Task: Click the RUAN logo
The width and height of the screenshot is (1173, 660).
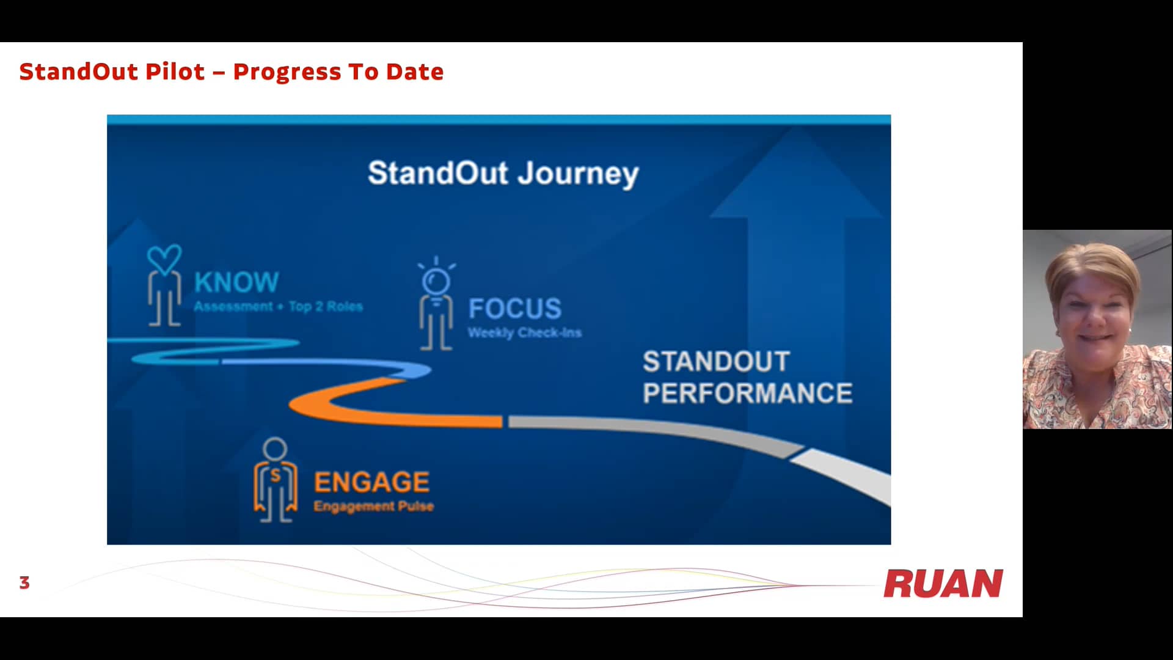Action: coord(943,584)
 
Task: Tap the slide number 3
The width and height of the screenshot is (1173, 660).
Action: coord(24,583)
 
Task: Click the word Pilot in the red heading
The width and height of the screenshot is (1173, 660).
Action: coord(175,72)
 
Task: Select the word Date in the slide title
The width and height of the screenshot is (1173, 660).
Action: coord(414,72)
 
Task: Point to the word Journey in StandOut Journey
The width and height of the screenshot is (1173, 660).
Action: coord(578,174)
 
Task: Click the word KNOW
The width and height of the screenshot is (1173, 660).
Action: coord(236,282)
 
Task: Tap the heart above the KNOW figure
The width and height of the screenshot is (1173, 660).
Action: coord(164,258)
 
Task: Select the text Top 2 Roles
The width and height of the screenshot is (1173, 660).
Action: coord(326,307)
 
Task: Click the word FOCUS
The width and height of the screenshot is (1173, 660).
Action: coord(514,309)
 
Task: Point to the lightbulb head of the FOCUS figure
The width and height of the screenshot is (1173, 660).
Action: coord(436,281)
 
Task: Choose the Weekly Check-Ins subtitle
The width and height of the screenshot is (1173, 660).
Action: coord(524,333)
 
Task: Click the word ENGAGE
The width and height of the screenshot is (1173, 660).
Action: coord(371,482)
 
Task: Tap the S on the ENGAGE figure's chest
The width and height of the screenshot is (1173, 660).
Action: coord(276,475)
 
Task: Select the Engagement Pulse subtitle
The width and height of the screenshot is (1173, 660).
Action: coord(373,507)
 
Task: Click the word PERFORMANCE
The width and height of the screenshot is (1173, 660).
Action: coord(747,394)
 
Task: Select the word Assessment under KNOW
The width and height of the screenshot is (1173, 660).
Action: coord(233,307)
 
